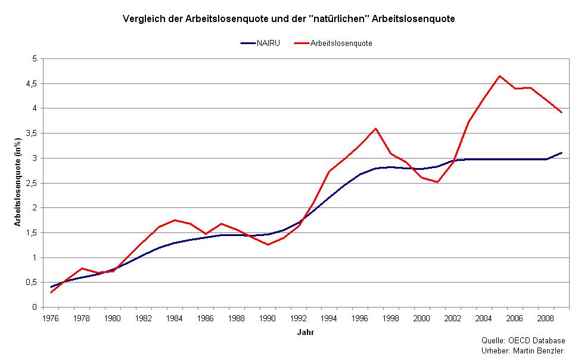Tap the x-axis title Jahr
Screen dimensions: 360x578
click(x=305, y=333)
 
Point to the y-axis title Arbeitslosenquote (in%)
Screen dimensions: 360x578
click(x=19, y=182)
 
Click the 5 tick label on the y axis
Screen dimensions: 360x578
click(x=35, y=58)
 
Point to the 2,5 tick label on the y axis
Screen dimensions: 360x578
click(x=32, y=183)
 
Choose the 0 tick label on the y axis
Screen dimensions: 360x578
click(x=35, y=308)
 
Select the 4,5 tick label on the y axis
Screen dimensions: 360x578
click(x=32, y=83)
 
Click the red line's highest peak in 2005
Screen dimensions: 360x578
click(x=500, y=76)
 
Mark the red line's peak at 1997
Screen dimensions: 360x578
click(x=376, y=128)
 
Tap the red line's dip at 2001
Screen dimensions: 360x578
click(x=438, y=182)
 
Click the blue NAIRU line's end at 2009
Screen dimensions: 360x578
click(x=562, y=153)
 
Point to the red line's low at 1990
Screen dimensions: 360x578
click(x=268, y=244)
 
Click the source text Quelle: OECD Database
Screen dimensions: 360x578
click(x=523, y=340)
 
